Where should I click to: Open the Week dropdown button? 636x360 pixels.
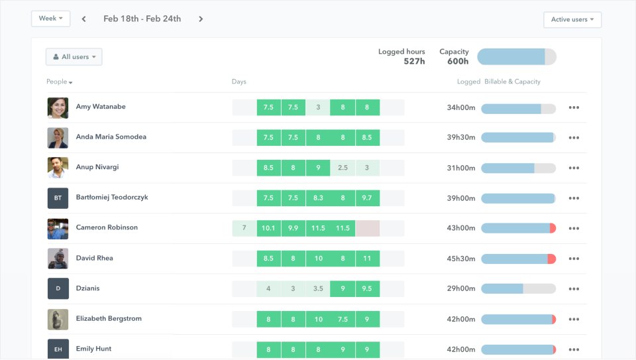(51, 19)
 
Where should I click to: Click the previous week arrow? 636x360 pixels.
(84, 19)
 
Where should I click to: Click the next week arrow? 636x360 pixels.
(201, 19)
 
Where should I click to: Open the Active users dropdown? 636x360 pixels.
(572, 19)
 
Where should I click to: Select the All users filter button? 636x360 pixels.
(74, 57)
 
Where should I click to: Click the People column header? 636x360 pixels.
(59, 82)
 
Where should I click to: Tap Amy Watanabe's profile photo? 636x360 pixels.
(58, 107)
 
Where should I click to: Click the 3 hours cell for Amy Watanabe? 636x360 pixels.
(318, 107)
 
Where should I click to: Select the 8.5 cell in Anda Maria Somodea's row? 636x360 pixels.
(367, 138)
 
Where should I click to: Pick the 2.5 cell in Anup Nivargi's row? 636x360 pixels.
(343, 168)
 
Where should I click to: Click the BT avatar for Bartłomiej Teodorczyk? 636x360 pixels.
(58, 198)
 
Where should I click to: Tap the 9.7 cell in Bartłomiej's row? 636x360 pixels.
(367, 198)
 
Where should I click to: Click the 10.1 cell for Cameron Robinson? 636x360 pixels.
(268, 228)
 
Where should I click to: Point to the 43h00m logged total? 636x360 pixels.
(461, 228)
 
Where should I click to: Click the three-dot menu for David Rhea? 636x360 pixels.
(574, 259)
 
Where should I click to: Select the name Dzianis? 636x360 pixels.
(87, 288)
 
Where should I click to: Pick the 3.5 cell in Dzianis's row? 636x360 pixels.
(318, 288)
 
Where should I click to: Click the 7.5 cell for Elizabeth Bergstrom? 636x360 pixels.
(343, 319)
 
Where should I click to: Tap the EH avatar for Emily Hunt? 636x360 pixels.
(58, 349)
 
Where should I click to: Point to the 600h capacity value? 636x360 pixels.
(458, 61)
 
